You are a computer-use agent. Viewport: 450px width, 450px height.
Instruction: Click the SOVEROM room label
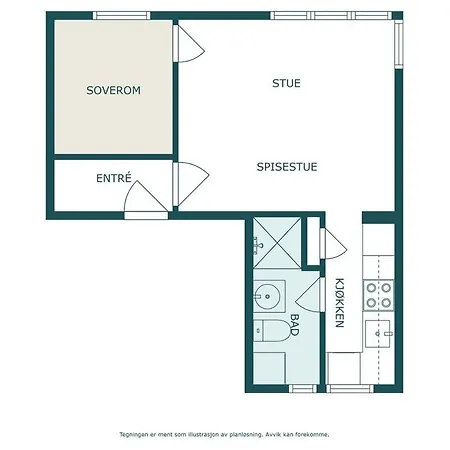[x=114, y=90]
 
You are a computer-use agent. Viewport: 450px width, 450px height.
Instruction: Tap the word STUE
[x=286, y=83]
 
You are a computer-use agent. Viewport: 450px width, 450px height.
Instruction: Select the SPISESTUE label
[x=286, y=167]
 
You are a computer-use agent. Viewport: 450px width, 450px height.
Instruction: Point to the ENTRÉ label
[x=114, y=179]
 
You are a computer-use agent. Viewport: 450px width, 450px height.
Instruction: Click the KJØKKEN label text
[x=340, y=302]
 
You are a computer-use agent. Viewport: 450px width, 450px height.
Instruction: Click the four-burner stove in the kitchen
[x=379, y=293]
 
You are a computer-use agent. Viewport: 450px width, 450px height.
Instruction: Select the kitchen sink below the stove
[x=379, y=330]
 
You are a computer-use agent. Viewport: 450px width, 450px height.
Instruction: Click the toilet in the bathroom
[x=271, y=333]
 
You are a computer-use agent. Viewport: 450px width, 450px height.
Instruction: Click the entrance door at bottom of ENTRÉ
[x=143, y=206]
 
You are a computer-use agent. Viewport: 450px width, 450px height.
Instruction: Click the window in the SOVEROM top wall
[x=121, y=16]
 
